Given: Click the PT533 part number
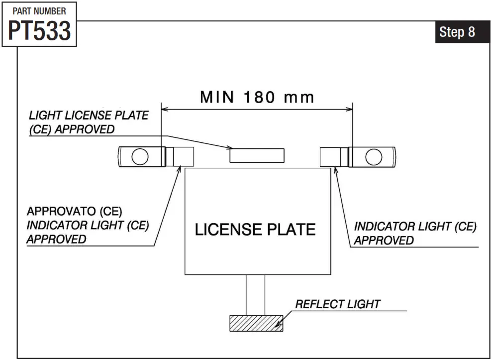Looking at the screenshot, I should point(39,31).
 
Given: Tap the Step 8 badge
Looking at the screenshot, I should point(457,32).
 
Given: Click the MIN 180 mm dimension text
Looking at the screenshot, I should point(257,97).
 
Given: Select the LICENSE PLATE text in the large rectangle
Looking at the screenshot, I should point(255,230).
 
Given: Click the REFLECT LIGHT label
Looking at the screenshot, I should point(338,304).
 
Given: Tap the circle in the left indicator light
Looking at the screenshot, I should point(140,157).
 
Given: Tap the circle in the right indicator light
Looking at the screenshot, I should point(373,157).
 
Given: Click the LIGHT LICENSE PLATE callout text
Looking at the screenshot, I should point(89,116).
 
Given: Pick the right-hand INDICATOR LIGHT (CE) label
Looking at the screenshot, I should point(415,227).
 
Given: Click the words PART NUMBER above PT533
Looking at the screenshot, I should point(39,10).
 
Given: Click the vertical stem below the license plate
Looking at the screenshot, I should point(256,295).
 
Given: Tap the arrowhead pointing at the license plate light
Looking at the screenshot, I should point(230,147).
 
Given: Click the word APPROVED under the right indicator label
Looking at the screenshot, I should point(384,240).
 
